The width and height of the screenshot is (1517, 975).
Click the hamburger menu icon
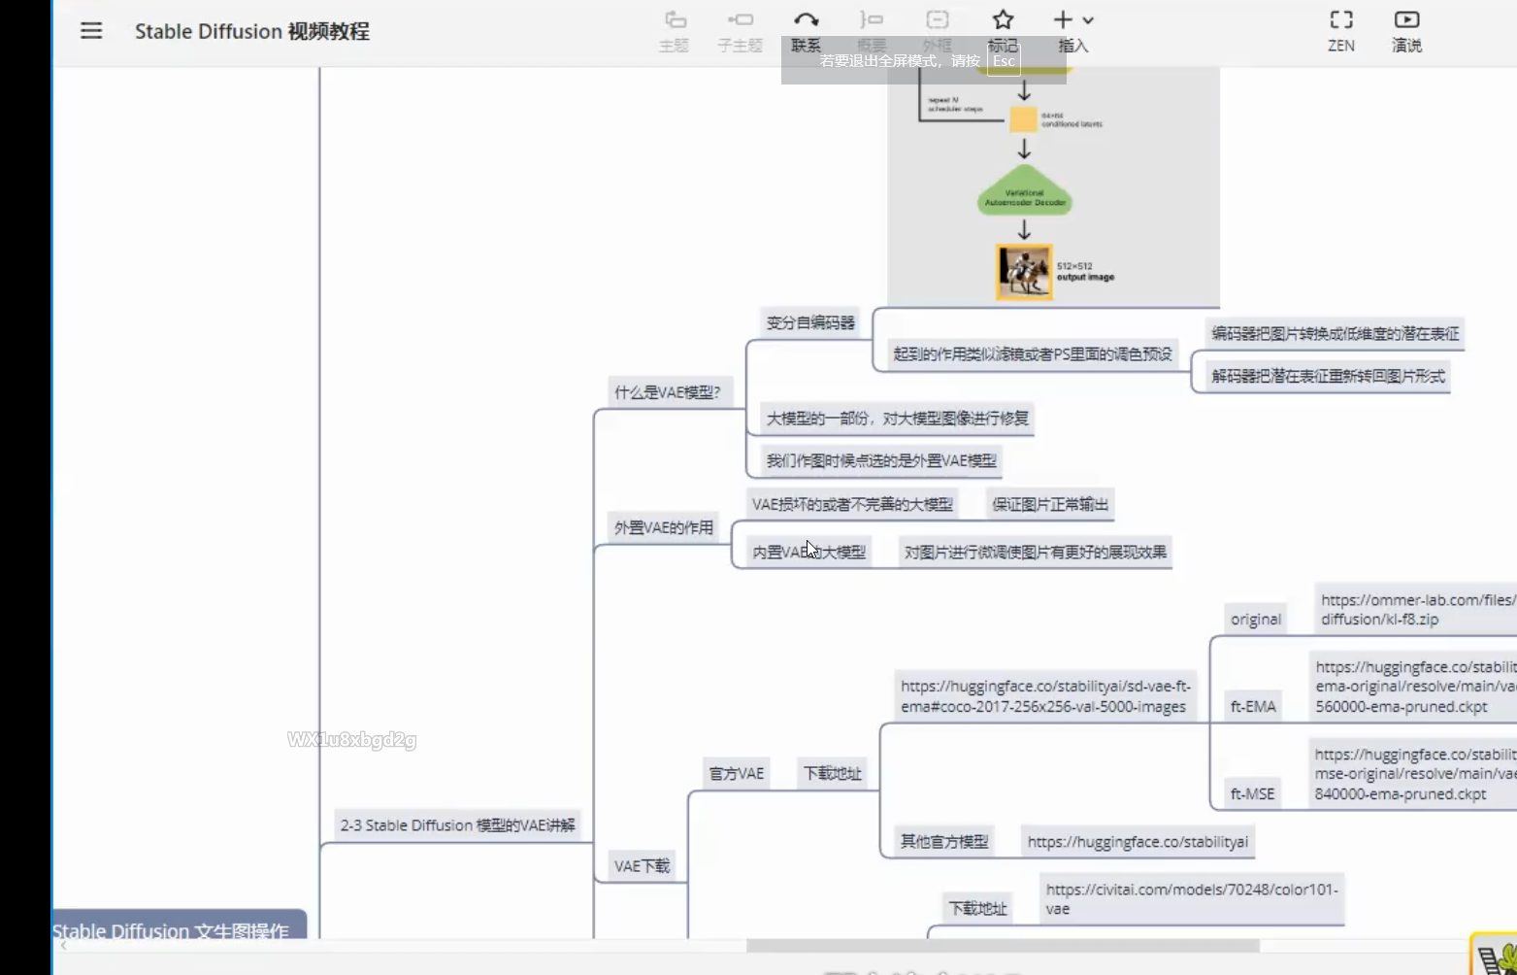91,31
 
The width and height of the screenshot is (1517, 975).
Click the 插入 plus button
1064,21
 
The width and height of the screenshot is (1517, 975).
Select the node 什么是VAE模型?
668,392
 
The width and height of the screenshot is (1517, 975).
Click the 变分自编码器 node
810,322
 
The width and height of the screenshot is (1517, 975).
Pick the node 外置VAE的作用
664,528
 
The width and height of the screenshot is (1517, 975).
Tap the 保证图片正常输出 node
1050,504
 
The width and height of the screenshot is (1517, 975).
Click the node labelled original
1256,620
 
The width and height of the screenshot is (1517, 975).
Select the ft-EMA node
1253,707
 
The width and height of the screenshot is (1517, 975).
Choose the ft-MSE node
1252,794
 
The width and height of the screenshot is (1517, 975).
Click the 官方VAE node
737,774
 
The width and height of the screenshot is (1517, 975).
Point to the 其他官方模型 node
944,842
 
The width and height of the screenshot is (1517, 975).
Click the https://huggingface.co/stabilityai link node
1138,842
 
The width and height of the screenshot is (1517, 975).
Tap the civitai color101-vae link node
1192,899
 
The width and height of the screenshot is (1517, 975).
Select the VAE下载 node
643,866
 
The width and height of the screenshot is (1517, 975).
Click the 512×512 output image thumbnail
1025,272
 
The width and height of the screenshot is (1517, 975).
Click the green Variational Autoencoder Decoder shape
1025,197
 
